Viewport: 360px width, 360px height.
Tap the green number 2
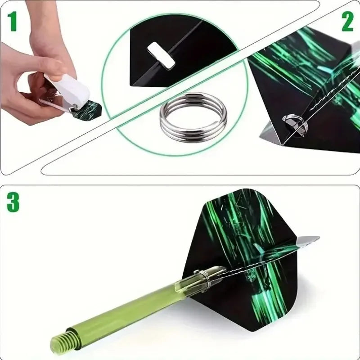[347, 22]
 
